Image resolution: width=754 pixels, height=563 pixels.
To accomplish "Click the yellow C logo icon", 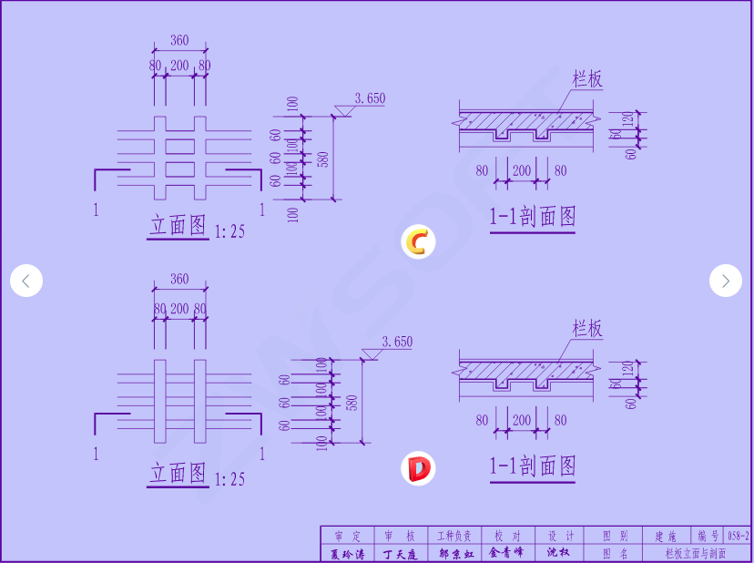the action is coord(418,242).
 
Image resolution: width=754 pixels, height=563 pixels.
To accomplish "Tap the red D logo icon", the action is coord(418,469).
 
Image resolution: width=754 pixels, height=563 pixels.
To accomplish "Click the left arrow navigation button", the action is coord(26,281).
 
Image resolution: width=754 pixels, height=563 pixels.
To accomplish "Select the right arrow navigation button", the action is coord(725,281).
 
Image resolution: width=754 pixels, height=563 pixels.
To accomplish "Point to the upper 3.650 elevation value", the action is coord(370,98).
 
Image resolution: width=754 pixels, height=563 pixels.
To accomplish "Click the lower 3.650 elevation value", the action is coord(397,343).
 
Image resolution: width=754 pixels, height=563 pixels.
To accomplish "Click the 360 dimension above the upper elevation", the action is coord(179,40).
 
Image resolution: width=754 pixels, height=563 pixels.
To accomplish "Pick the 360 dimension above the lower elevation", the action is coord(179,279).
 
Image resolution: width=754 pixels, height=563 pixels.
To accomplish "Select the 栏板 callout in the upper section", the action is coord(587,79).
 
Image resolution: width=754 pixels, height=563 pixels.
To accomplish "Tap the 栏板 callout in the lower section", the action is coord(587,329).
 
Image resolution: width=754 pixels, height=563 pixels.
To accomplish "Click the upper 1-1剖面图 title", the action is coord(533,217).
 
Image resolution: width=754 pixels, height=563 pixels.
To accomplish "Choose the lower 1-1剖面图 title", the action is coord(533,466).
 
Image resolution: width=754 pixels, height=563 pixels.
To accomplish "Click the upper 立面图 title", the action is coord(178,225).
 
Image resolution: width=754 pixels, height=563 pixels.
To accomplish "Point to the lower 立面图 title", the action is coord(178,473).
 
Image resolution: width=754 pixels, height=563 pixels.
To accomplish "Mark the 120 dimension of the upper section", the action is coord(627,119).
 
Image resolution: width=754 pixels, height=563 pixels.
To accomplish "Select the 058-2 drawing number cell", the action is coord(738,536).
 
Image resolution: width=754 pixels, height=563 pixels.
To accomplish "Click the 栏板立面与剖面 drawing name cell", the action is coord(695,553).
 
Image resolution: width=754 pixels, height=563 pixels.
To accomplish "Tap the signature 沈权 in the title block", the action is coord(557,553).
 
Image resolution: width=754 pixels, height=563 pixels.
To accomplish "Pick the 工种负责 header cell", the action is coord(454,536).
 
